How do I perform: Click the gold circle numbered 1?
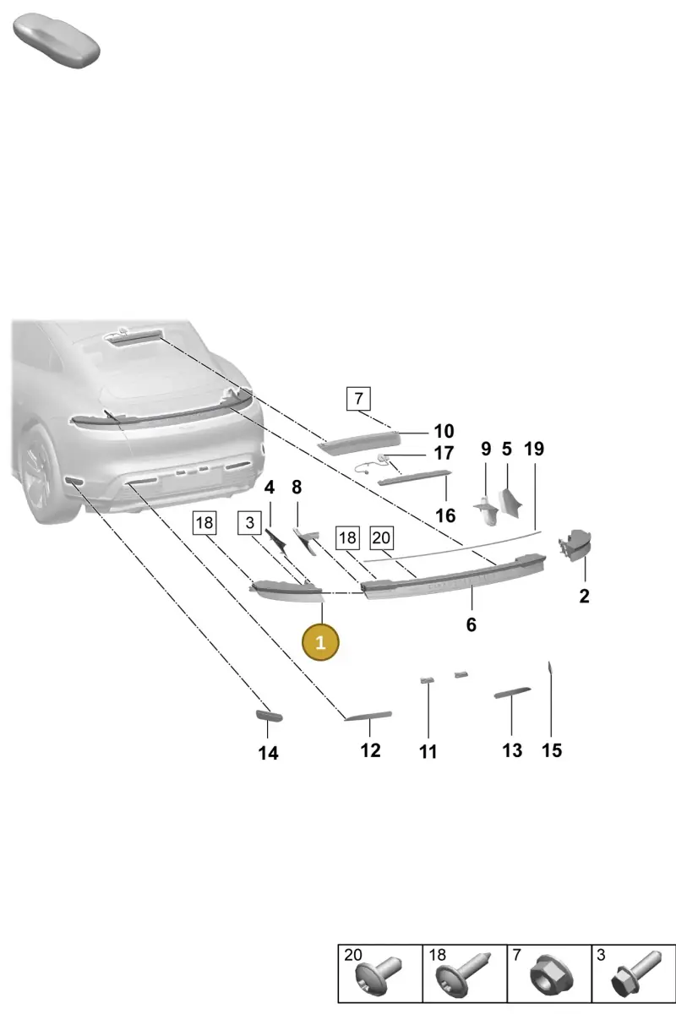pyautogui.click(x=320, y=642)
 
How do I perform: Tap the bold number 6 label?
pyautogui.click(x=472, y=624)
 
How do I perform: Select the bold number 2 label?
pyautogui.click(x=584, y=597)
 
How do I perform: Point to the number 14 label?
pyautogui.click(x=268, y=753)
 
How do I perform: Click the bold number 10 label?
pyautogui.click(x=444, y=431)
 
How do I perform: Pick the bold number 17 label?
pyautogui.click(x=444, y=453)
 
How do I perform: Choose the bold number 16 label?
pyautogui.click(x=445, y=515)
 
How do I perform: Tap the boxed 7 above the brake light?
pyautogui.click(x=358, y=398)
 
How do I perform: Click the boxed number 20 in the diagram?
pyautogui.click(x=381, y=537)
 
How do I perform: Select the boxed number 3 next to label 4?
pyautogui.click(x=249, y=522)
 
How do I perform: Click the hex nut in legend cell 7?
pyautogui.click(x=552, y=976)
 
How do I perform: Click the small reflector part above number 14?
pyautogui.click(x=269, y=715)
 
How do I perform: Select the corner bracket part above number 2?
pyautogui.click(x=575, y=545)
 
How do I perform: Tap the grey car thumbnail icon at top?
pyautogui.click(x=57, y=41)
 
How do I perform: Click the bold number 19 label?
pyautogui.click(x=534, y=449)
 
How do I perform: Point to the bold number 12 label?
pyautogui.click(x=370, y=750)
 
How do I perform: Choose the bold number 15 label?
pyautogui.click(x=552, y=750)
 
